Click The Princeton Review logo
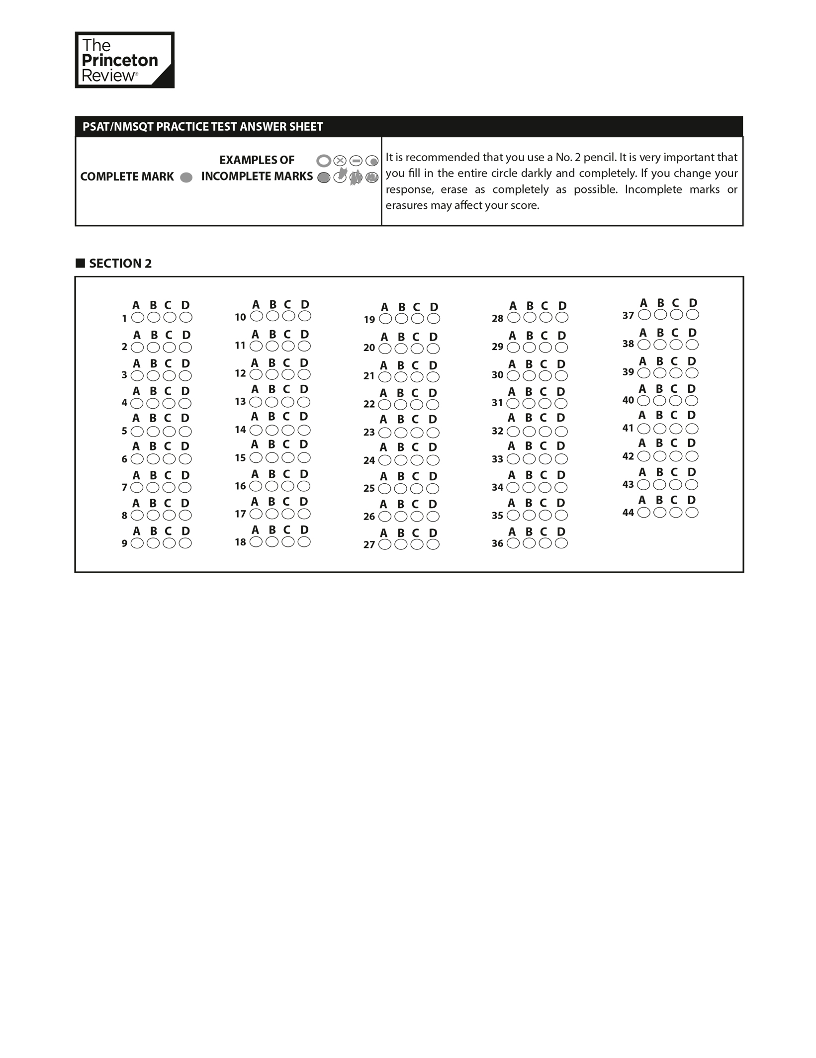click(124, 60)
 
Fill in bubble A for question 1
click(138, 317)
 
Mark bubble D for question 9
click(185, 543)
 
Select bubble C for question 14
click(288, 430)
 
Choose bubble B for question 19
click(401, 319)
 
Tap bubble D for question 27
click(433, 545)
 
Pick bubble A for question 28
click(514, 317)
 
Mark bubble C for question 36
click(545, 543)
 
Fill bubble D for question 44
click(692, 513)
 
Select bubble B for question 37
click(660, 315)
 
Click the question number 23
click(369, 433)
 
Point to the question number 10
click(240, 317)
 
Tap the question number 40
click(628, 400)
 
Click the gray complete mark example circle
click(186, 177)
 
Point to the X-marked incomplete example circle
click(340, 161)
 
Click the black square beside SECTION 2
click(80, 264)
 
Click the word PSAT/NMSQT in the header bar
click(118, 127)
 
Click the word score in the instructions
click(525, 205)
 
